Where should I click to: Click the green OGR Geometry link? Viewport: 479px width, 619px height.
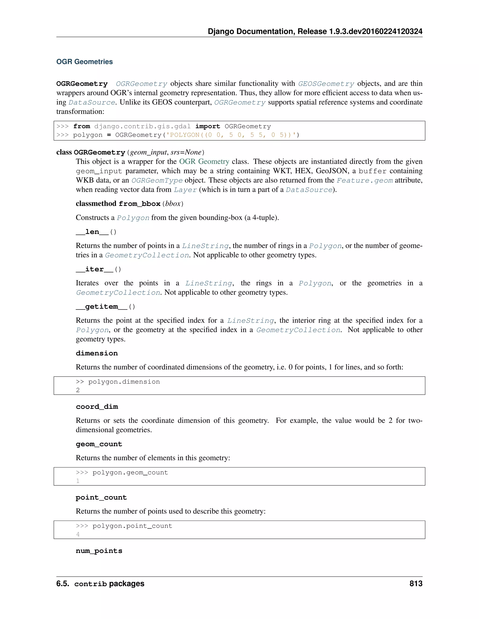[x=204, y=162]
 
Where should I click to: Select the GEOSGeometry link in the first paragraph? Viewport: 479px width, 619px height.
[x=326, y=84]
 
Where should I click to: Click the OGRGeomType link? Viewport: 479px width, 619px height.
[x=157, y=181]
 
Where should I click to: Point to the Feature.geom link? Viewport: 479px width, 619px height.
[x=365, y=181]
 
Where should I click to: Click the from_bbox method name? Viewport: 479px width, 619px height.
[x=139, y=204]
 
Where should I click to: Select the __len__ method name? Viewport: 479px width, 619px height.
[x=92, y=232]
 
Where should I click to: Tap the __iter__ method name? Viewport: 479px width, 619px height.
[x=94, y=269]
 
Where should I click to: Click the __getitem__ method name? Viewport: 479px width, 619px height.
[x=102, y=307]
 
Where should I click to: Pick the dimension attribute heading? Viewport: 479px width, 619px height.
[x=97, y=353]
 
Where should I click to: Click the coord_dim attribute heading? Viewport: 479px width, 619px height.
[x=97, y=407]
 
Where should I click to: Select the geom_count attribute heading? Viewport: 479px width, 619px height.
[x=99, y=444]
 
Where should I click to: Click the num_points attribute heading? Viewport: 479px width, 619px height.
[x=99, y=551]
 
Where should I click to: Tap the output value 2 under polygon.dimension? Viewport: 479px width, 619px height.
[x=78, y=390]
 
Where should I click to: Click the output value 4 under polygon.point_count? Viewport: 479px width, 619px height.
[x=78, y=534]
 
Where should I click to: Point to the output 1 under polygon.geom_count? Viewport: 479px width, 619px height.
[x=78, y=481]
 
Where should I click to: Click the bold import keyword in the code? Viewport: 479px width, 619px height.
[x=207, y=126]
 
